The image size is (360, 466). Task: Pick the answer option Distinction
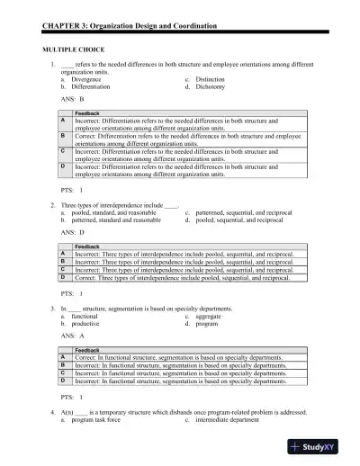pos(212,79)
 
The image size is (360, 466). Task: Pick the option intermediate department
pos(232,419)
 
